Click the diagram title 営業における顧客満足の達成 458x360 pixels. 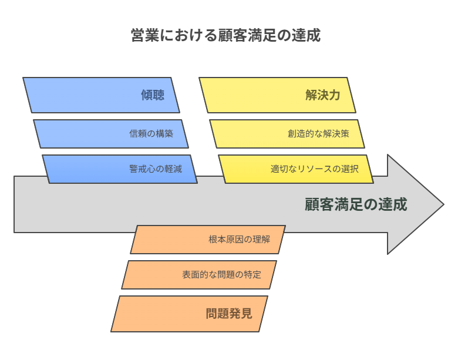(x=225, y=35)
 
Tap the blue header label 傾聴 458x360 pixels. (x=153, y=95)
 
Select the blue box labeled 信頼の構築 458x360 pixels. (x=111, y=134)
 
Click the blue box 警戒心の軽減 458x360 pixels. (x=120, y=169)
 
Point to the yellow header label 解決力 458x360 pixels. (x=323, y=95)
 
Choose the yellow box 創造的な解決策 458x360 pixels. (x=287, y=134)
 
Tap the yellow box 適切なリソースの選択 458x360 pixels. (x=296, y=169)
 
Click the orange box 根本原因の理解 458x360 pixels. (x=208, y=240)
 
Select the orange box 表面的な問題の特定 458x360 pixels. (x=199, y=275)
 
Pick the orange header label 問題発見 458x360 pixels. (x=229, y=314)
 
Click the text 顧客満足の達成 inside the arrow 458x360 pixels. (x=356, y=204)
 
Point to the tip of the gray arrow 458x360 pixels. (x=444, y=204)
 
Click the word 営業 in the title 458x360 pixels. (x=145, y=35)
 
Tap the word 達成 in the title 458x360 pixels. (x=306, y=35)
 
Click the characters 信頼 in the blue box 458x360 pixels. (x=138, y=134)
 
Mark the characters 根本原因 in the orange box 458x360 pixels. (x=226, y=240)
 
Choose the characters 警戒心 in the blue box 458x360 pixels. (x=143, y=169)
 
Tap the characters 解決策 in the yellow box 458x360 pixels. (x=336, y=134)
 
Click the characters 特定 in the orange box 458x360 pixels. (x=252, y=275)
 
